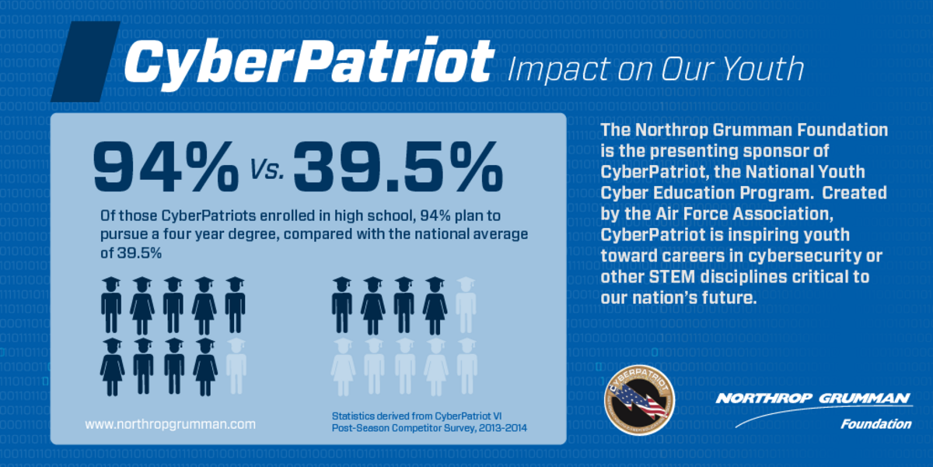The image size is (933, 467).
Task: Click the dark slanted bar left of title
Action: (x=85, y=61)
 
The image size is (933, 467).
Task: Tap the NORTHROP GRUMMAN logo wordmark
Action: (x=813, y=399)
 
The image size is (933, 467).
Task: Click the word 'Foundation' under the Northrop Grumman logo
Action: (x=875, y=424)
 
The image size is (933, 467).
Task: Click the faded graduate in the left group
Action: (x=236, y=366)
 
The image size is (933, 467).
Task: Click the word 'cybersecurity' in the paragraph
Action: (x=808, y=255)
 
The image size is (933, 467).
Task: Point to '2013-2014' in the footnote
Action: (x=501, y=428)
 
